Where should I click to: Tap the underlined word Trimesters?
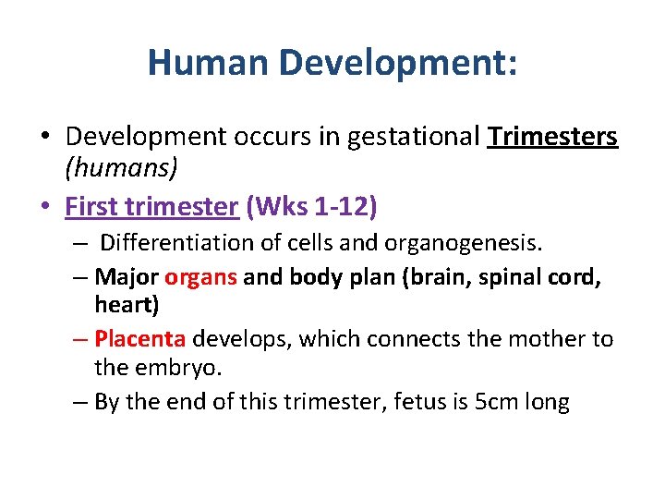[x=552, y=137]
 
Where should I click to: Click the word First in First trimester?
[x=89, y=206]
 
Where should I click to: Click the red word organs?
[x=201, y=277]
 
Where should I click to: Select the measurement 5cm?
[x=488, y=403]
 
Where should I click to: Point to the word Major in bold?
[x=127, y=277]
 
